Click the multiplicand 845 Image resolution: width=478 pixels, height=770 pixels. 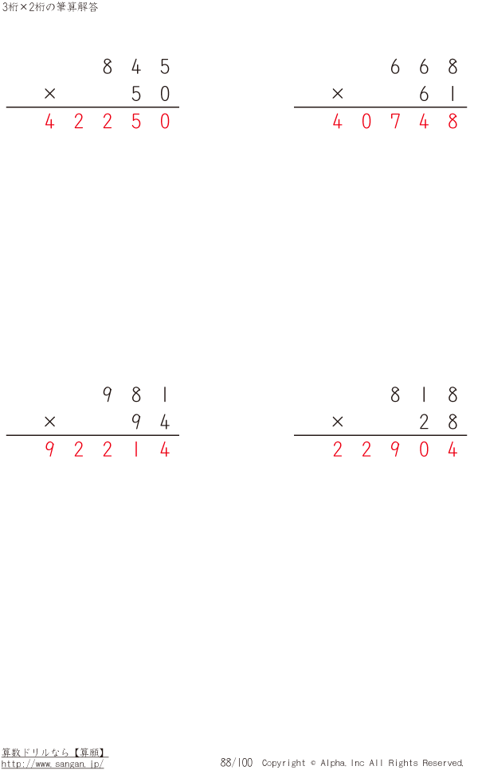136,67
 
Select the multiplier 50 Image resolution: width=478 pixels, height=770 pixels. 151,94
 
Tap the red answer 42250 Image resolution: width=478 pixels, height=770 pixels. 108,121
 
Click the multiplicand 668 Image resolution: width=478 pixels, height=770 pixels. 424,67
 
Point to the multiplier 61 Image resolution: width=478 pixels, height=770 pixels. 437,94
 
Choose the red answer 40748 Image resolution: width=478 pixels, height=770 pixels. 395,121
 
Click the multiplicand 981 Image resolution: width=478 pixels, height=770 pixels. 135,395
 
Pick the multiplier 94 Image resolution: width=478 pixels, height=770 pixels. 151,422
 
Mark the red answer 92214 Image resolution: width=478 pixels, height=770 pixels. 108,449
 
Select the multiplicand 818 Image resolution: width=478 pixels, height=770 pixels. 424,395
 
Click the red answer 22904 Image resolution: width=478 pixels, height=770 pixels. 395,449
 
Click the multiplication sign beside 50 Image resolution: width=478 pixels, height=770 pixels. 49,93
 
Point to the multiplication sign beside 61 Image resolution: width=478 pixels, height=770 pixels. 337,93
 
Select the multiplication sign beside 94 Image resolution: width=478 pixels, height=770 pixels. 49,422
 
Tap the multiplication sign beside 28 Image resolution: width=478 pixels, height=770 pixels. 337,422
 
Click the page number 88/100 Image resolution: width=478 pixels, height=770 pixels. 236,762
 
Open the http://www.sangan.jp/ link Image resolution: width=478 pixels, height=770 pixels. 53,764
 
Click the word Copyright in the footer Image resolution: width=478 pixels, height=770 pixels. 284,763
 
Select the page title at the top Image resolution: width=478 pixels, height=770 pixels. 49,7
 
